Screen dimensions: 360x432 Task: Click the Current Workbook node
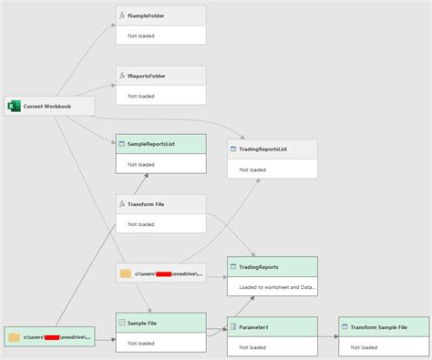[x=50, y=106]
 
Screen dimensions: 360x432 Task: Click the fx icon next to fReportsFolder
[x=122, y=75]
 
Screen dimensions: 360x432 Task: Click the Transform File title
[x=146, y=203]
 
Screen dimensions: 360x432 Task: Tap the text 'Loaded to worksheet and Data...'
[x=278, y=287]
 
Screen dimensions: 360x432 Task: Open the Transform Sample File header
[x=383, y=326]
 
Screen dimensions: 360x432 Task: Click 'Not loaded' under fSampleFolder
[x=140, y=35]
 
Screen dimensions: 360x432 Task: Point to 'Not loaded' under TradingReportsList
[x=252, y=170]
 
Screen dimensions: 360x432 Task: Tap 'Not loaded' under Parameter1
[x=252, y=347]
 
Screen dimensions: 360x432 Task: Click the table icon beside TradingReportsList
[x=233, y=149]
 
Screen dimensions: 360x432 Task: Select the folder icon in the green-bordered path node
[x=15, y=337]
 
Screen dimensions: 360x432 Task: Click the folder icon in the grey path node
[x=126, y=273]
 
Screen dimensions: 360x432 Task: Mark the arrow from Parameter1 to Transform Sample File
[x=328, y=336]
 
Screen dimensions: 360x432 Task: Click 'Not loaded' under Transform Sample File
[x=364, y=347]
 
